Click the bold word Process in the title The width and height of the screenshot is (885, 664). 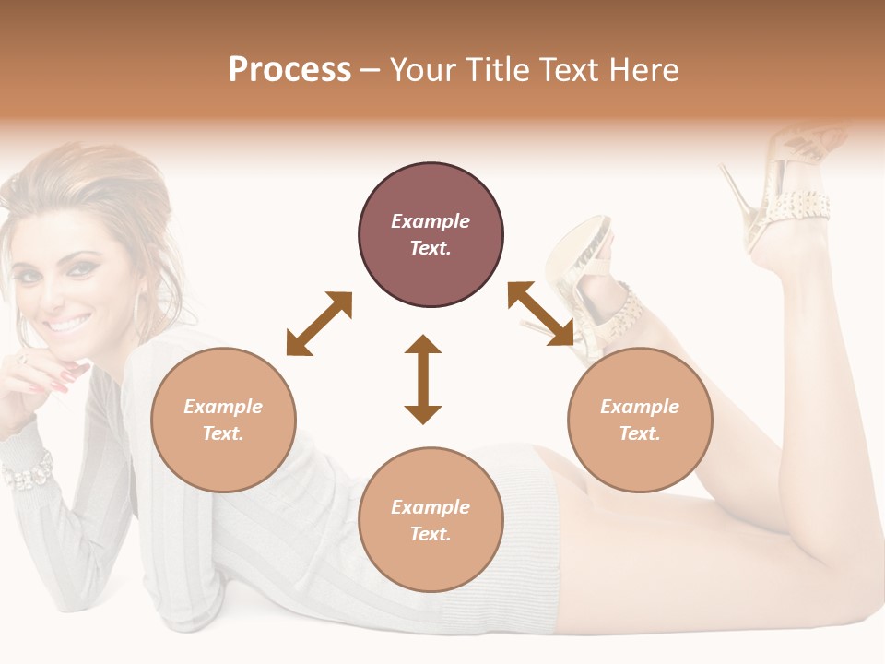point(289,70)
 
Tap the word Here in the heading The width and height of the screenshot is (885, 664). point(645,70)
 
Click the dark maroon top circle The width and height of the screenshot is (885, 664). point(431,235)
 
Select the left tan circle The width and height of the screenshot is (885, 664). point(223,420)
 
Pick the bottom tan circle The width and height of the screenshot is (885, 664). point(431,520)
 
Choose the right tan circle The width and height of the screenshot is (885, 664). point(640,420)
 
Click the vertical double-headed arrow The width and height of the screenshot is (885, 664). point(423,379)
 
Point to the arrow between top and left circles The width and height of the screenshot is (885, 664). point(319,324)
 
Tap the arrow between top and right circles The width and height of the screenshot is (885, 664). point(541,314)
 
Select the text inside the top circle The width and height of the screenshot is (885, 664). point(431,235)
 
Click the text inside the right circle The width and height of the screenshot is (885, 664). point(640,420)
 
